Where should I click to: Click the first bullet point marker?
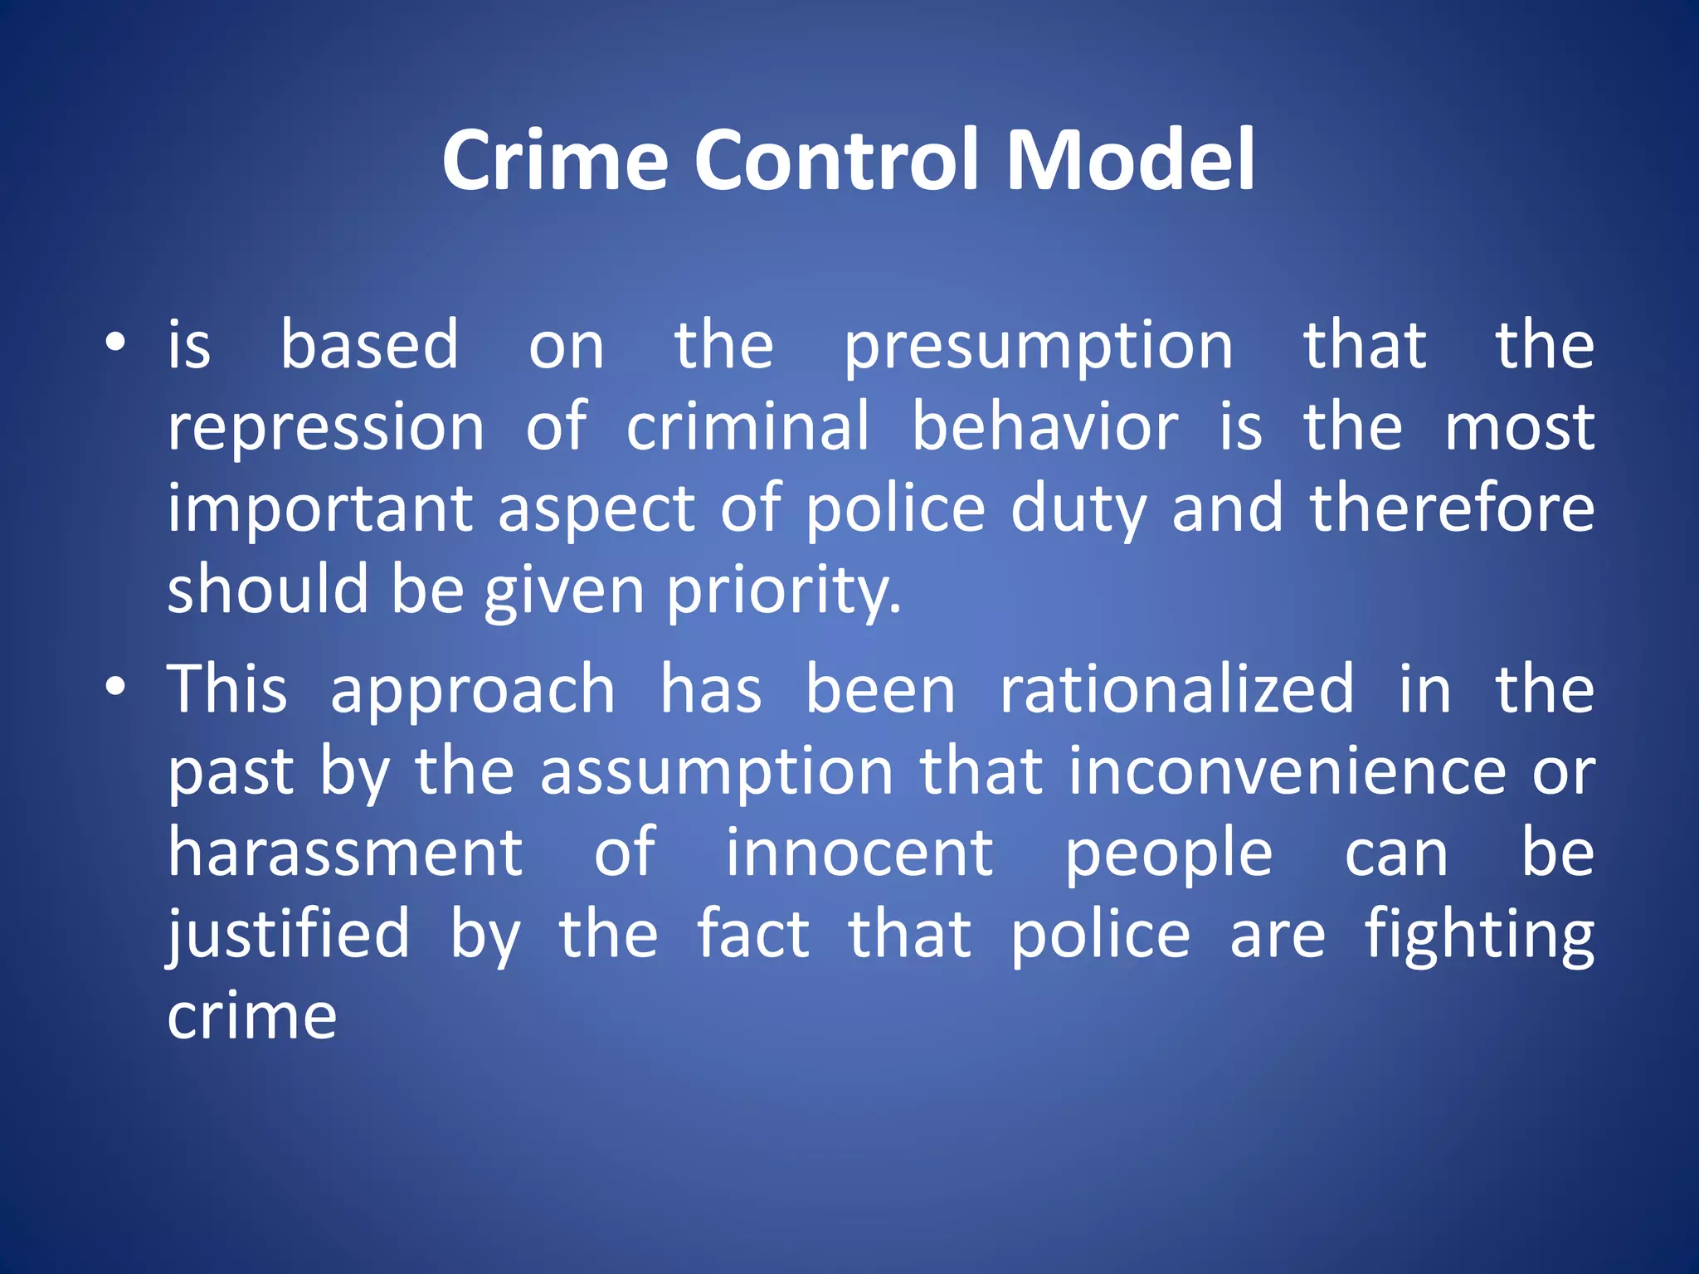tap(115, 343)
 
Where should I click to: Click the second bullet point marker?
tap(115, 687)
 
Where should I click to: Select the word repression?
tap(326, 430)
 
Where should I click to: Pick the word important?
tap(319, 511)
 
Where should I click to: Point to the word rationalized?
tap(1176, 690)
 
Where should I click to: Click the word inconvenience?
tap(1286, 771)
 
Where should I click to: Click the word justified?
tap(289, 936)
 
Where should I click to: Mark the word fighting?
tap(1479, 936)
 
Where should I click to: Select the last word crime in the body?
tap(252, 1017)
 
